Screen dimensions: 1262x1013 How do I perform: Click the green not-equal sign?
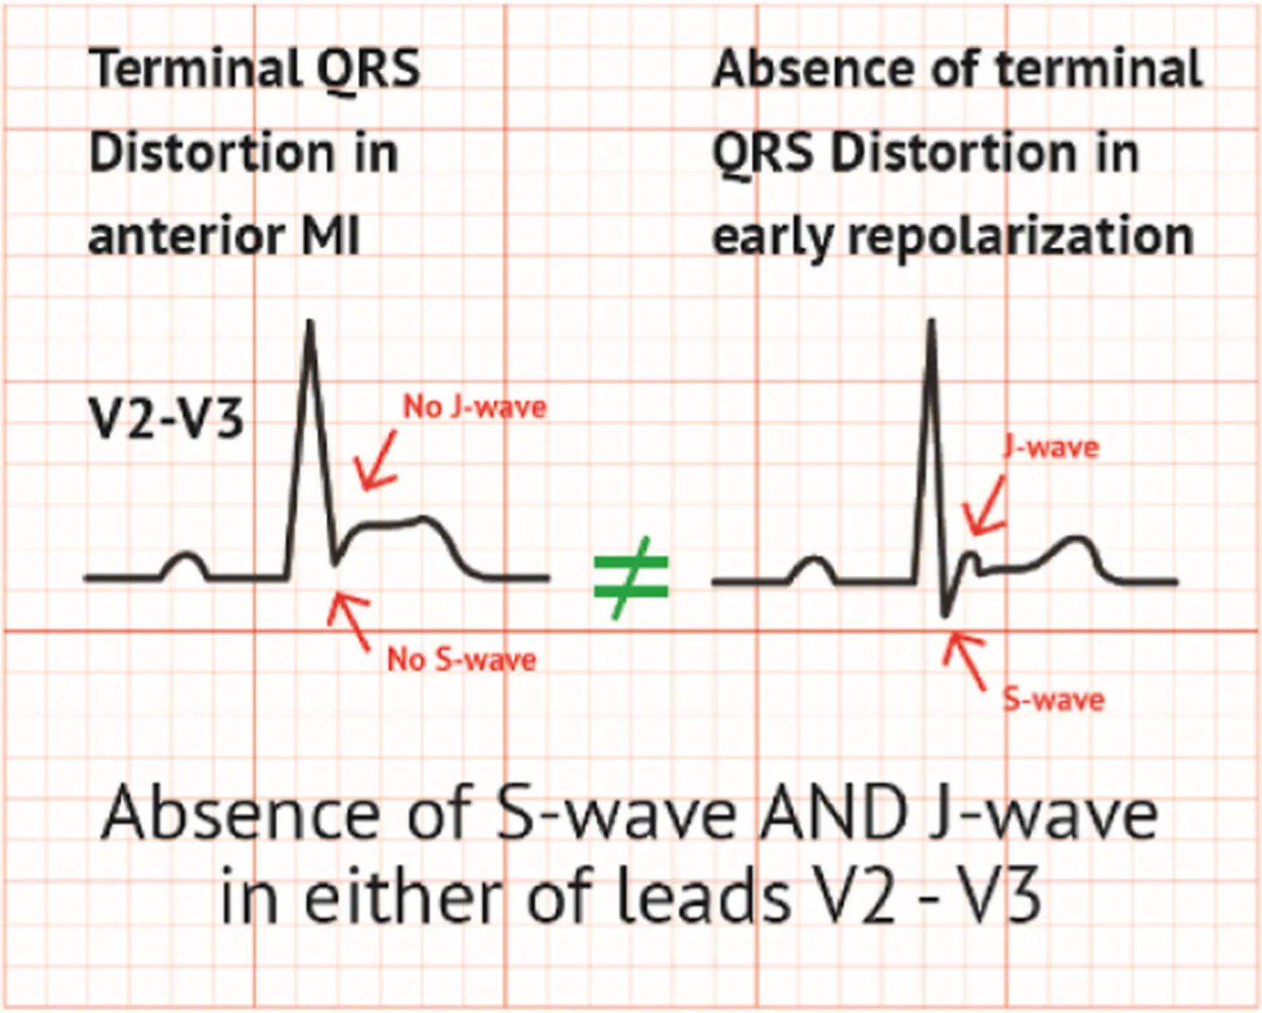631,577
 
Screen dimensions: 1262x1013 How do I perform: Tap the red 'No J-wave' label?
475,407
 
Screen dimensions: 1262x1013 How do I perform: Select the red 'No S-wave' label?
461,660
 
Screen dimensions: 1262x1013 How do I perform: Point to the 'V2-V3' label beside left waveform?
165,419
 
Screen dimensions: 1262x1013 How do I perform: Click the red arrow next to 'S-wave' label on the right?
965,660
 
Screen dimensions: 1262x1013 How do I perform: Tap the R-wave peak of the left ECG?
310,321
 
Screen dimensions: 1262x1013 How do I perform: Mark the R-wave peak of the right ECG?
931,321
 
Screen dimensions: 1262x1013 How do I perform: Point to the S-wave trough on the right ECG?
946,614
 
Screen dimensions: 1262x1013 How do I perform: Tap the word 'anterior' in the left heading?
186,236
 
